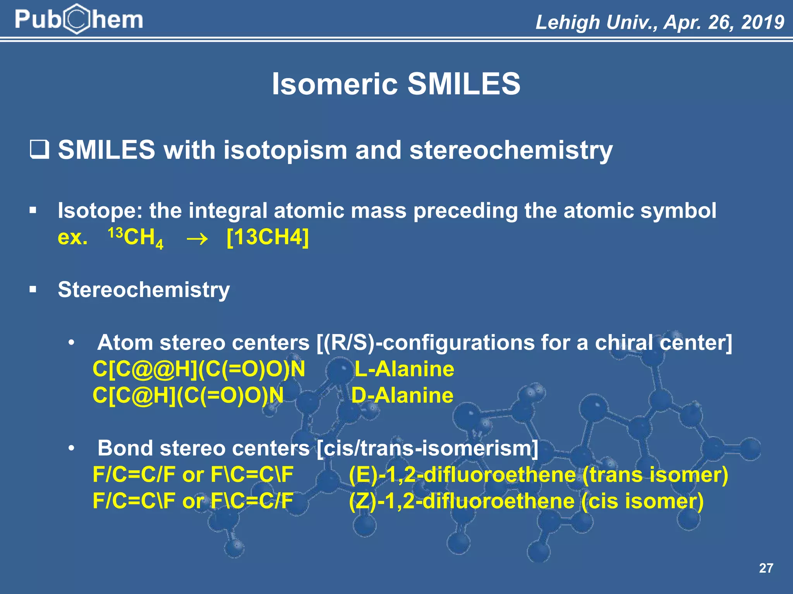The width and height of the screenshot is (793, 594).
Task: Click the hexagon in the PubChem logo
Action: point(78,19)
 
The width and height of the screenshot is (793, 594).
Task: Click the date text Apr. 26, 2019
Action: point(724,22)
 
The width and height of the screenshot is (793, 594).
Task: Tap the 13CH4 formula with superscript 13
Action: point(136,237)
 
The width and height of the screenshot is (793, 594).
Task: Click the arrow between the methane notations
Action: point(197,238)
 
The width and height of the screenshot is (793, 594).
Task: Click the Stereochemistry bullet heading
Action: point(144,290)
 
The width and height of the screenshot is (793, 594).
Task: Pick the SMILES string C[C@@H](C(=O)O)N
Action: point(199,369)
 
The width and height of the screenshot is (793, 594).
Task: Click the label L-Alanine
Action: point(404,369)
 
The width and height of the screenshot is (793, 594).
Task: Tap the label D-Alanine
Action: point(402,395)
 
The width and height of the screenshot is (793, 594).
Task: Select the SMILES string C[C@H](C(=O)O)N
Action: point(188,395)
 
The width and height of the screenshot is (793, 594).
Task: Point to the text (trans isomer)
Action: point(655,475)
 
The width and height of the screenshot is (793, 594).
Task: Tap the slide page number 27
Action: point(766,568)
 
